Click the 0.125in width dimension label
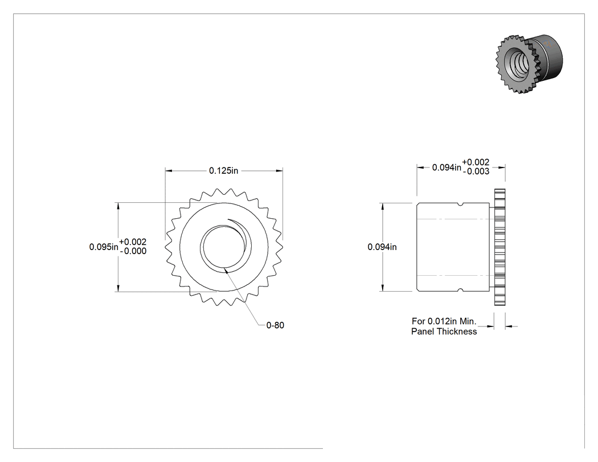coord(223,170)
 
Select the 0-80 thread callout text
coord(275,325)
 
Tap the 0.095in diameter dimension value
coord(104,247)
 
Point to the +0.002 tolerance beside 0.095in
coord(133,242)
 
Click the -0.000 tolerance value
coord(133,251)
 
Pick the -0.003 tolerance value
coord(476,171)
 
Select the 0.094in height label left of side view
coord(382,247)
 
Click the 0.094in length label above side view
coord(447,167)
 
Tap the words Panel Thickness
coord(444,332)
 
